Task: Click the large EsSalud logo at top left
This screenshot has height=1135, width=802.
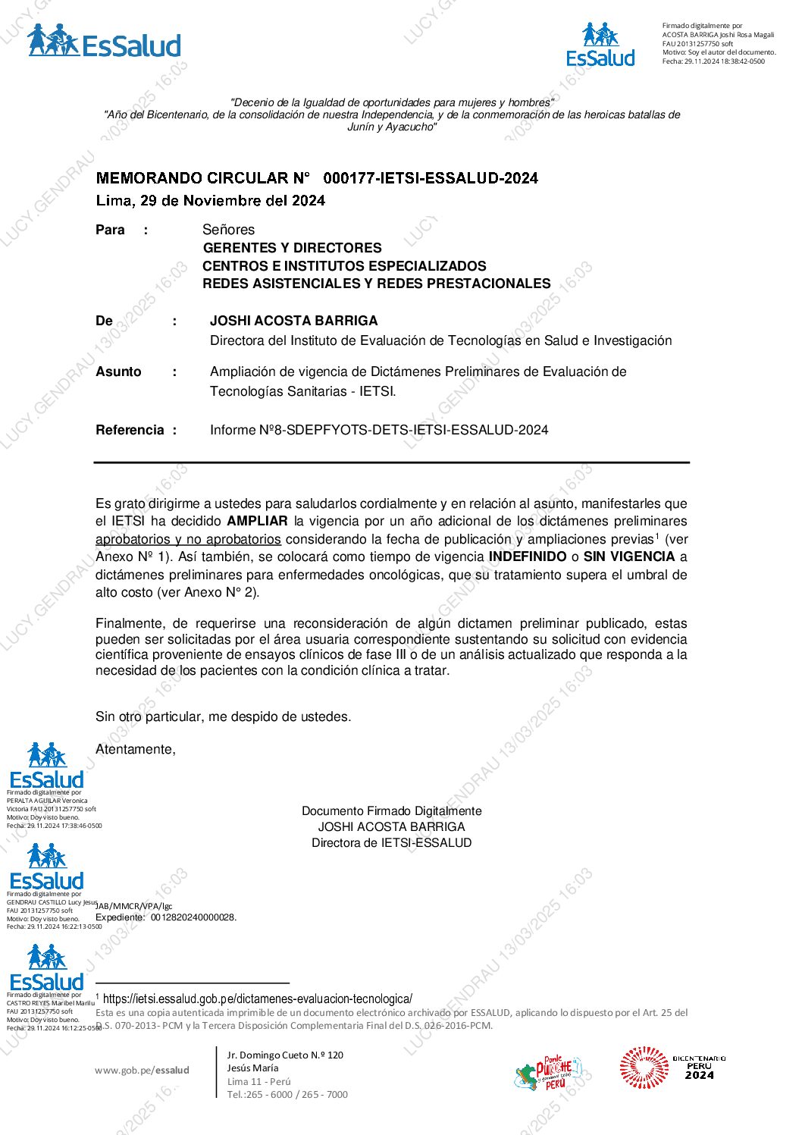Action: tap(105, 42)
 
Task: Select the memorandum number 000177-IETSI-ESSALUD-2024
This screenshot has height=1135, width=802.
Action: tap(430, 178)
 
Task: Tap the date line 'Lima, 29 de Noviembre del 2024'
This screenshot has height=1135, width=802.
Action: tap(210, 201)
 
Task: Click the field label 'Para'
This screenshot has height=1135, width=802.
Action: tap(110, 230)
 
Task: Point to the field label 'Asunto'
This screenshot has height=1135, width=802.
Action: tap(118, 372)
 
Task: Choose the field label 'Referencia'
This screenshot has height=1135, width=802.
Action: tap(130, 430)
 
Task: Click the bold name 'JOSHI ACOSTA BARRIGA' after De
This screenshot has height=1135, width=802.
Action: tap(293, 321)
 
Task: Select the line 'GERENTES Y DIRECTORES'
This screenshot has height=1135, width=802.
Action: tap(292, 248)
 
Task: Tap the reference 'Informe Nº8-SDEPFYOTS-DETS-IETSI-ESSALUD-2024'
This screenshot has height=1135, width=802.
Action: tap(379, 430)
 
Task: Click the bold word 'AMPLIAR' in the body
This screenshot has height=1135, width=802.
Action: tap(257, 521)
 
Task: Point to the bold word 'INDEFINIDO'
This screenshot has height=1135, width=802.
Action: tap(528, 557)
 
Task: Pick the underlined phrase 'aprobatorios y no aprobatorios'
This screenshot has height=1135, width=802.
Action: tap(188, 539)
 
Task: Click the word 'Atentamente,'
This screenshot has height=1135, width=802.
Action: tap(136, 749)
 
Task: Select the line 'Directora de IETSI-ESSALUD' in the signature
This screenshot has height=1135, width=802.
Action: tap(391, 843)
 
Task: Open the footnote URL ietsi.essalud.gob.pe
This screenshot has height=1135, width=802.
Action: tap(258, 999)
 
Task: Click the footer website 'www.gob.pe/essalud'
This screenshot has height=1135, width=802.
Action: tap(142, 1070)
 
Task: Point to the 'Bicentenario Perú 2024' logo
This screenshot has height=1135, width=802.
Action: tap(672, 1068)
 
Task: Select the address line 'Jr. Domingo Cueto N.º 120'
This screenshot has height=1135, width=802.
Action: tap(285, 1055)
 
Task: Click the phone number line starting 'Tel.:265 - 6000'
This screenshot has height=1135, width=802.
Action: tap(287, 1094)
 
